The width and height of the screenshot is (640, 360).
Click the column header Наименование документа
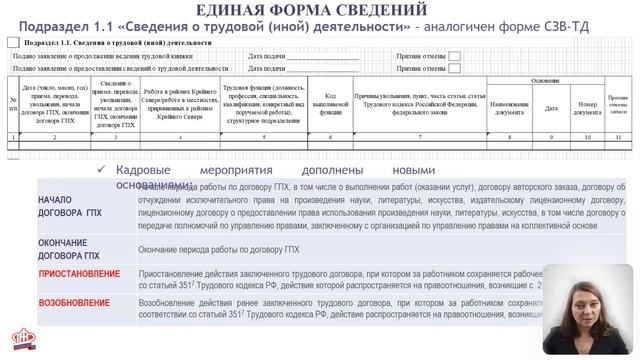tap(509, 106)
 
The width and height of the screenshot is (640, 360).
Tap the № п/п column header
tap(13, 106)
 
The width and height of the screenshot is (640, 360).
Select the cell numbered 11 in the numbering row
tap(618, 136)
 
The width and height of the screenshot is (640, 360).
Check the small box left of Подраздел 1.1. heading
tap(11, 44)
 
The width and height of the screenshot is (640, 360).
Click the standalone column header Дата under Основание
tap(551, 106)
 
